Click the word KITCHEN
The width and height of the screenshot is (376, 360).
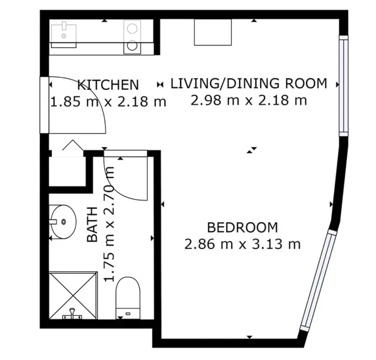(x=108, y=85)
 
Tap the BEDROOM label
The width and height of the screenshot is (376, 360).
(x=243, y=227)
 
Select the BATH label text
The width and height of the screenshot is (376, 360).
(x=92, y=224)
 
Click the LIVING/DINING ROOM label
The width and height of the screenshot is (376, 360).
(x=249, y=83)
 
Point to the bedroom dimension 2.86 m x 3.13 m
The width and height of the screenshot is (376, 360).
(x=243, y=245)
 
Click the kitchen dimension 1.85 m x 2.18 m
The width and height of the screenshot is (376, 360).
(x=108, y=102)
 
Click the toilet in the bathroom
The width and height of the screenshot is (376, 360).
(x=128, y=298)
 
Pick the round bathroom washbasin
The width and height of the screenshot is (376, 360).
(x=63, y=222)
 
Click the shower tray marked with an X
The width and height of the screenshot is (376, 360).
(x=73, y=295)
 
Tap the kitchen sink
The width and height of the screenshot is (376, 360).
(x=64, y=36)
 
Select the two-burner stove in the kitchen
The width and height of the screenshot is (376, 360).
(x=132, y=37)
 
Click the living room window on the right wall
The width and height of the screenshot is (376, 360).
(x=343, y=86)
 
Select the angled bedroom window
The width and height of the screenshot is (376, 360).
(x=319, y=280)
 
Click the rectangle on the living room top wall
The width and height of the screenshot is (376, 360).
(x=213, y=32)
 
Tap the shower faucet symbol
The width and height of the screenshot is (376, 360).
(x=72, y=314)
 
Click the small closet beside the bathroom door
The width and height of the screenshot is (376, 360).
(x=67, y=171)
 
